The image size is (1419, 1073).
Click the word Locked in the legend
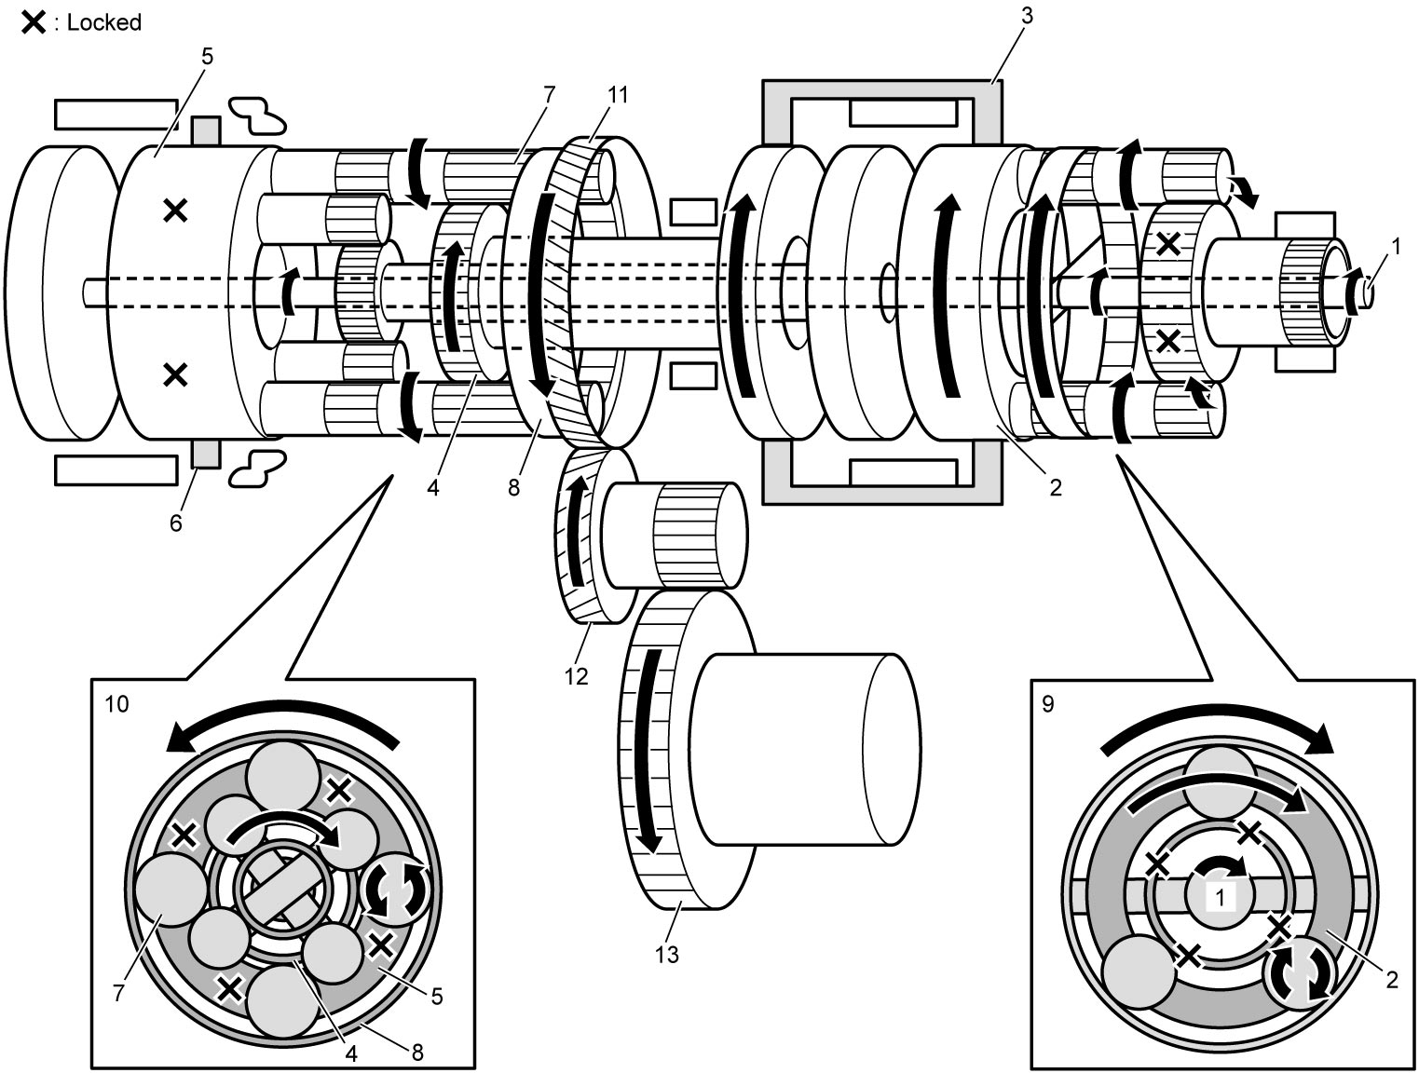click(x=104, y=22)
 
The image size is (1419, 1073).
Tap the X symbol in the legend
click(x=34, y=22)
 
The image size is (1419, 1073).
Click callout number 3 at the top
click(x=1027, y=16)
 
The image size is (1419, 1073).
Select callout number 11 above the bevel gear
click(x=618, y=95)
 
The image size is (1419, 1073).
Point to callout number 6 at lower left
click(x=176, y=523)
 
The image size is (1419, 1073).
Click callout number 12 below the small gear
click(x=576, y=676)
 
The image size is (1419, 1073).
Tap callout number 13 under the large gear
click(x=666, y=954)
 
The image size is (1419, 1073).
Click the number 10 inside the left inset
click(x=117, y=704)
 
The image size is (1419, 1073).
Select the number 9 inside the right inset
click(x=1048, y=704)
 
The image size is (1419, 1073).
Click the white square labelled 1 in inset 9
click(x=1220, y=898)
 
